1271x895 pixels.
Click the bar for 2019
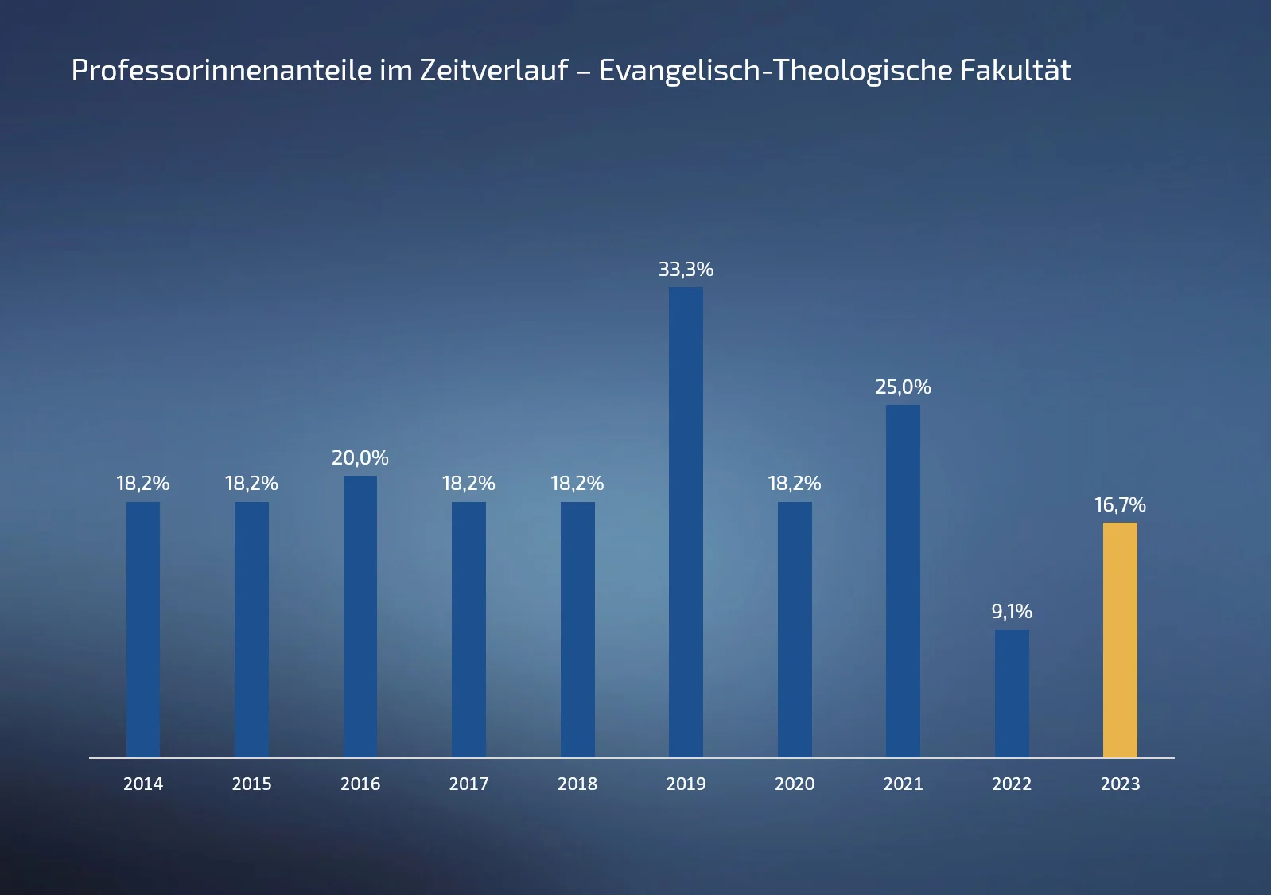pos(686,522)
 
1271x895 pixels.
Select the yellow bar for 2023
pos(1120,640)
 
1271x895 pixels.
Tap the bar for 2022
pos(1012,693)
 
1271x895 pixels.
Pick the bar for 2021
pos(903,581)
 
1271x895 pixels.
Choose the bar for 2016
pos(360,616)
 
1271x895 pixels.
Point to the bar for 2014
pos(143,628)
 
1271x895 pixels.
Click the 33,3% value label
pos(686,270)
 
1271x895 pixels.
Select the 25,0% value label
pos(903,387)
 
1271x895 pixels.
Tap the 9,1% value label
pos(1012,612)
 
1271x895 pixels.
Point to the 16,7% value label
pos(1120,505)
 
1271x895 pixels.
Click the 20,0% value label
pos(360,458)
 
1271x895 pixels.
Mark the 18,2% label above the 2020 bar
pos(795,484)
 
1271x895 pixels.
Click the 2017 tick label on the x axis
pos(468,784)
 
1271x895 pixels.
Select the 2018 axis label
pos(577,784)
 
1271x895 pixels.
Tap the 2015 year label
pos(251,784)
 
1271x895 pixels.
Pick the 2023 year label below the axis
pos(1120,784)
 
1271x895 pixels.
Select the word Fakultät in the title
pos(1015,71)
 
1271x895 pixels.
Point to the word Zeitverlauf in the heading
pos(494,71)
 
